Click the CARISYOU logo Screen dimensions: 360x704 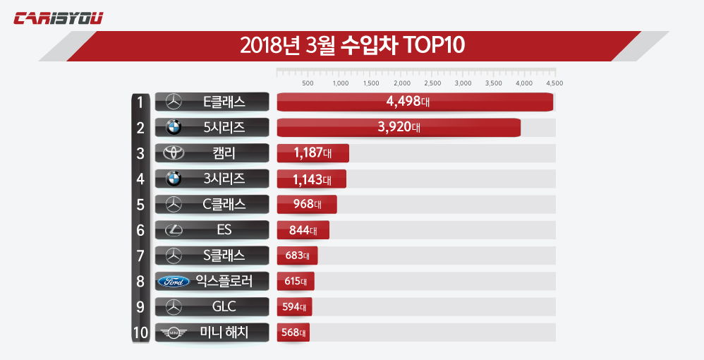(59, 18)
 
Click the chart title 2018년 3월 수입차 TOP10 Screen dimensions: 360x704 (352, 46)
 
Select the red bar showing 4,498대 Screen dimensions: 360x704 (415, 102)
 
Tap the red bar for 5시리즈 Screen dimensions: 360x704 (399, 128)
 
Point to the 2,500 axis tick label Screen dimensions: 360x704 (432, 83)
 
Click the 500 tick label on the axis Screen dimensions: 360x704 (308, 83)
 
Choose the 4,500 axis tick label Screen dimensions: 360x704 (554, 83)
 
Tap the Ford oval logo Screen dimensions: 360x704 (173, 282)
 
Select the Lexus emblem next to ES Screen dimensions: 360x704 (173, 230)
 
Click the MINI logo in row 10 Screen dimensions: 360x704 (173, 332)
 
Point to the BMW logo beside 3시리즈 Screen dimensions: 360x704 (173, 179)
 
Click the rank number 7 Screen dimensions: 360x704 (140, 256)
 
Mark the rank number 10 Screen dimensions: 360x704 (140, 332)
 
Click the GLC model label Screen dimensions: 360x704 (224, 307)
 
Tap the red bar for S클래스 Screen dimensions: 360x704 (297, 256)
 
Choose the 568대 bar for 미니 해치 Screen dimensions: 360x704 (293, 332)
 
